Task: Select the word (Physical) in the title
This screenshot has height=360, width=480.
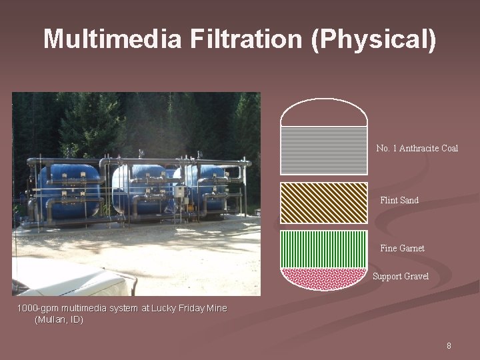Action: [373, 39]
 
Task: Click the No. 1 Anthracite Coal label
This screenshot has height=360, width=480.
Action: [417, 148]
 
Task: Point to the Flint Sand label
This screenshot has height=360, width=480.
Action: [399, 200]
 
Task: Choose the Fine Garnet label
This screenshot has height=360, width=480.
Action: [402, 248]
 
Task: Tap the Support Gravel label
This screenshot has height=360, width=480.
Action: [401, 276]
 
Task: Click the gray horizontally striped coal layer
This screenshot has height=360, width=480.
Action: [324, 151]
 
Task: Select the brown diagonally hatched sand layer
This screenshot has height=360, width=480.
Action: [324, 203]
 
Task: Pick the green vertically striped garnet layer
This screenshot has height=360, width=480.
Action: [324, 249]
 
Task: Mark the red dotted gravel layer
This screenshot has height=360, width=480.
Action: [324, 277]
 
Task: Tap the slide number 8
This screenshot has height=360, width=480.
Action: [449, 345]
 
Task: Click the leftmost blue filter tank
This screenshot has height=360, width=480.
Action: [67, 190]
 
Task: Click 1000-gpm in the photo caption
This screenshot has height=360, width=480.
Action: [38, 308]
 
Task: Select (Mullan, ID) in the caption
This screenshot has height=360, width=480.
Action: [59, 320]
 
